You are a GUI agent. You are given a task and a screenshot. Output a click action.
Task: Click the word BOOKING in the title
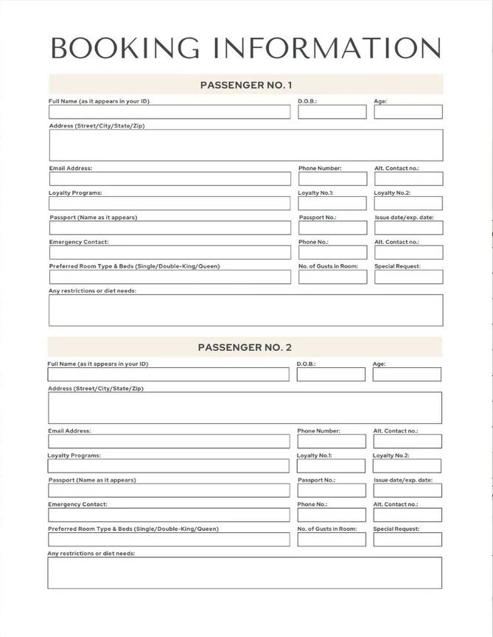(125, 47)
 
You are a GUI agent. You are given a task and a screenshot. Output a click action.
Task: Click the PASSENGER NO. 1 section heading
(246, 84)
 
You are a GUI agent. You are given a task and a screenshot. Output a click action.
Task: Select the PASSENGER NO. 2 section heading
(245, 347)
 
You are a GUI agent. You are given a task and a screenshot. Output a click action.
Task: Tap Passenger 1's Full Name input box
(169, 112)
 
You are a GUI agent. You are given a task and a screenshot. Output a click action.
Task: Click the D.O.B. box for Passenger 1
(332, 112)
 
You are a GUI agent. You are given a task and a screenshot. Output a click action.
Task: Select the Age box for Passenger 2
(407, 375)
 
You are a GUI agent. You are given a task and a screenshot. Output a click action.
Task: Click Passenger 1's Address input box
(246, 145)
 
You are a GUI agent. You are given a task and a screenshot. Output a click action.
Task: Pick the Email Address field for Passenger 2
(169, 441)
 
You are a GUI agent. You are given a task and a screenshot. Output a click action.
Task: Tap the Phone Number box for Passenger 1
(332, 178)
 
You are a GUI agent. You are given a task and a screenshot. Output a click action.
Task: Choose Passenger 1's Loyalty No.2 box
(408, 203)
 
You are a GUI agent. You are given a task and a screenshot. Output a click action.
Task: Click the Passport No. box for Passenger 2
(331, 490)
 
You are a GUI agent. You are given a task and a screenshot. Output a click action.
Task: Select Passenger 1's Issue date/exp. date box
(408, 228)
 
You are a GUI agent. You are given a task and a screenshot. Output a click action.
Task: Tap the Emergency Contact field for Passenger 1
(169, 252)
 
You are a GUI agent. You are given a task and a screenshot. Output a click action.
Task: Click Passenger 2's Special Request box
(407, 539)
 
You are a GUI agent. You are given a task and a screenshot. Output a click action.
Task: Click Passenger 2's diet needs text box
(245, 573)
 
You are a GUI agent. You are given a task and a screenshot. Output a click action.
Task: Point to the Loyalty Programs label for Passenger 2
(74, 456)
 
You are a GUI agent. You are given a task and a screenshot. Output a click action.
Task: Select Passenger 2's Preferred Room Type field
(169, 539)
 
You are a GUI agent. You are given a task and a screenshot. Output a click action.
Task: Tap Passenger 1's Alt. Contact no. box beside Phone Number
(408, 178)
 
